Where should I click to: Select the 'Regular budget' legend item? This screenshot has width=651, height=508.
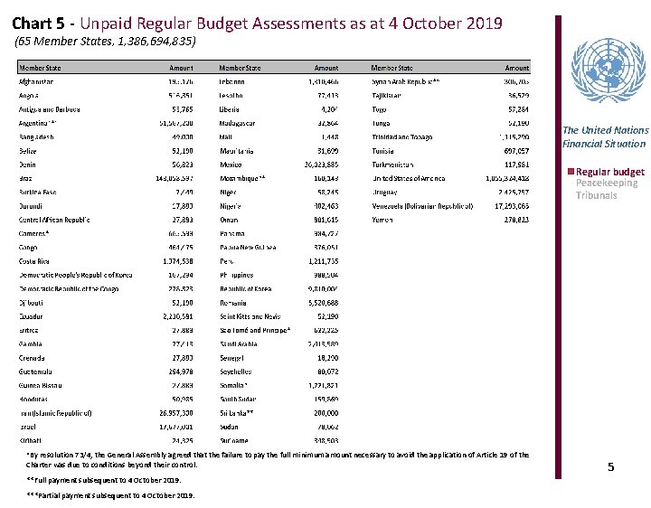(608, 172)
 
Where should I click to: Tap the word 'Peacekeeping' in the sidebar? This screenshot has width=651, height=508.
(607, 183)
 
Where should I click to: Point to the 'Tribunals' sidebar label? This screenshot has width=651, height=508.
(596, 195)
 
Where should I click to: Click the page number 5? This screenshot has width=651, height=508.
(610, 466)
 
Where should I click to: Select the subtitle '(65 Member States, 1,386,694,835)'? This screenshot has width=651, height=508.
(106, 42)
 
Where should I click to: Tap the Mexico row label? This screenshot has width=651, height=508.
(231, 165)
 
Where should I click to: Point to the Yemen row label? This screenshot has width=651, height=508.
(383, 220)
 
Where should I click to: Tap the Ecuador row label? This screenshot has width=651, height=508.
(33, 315)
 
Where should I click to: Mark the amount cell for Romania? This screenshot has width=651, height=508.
(322, 302)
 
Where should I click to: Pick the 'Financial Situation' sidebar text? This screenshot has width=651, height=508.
(604, 143)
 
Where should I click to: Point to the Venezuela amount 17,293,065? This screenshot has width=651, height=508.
(507, 206)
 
